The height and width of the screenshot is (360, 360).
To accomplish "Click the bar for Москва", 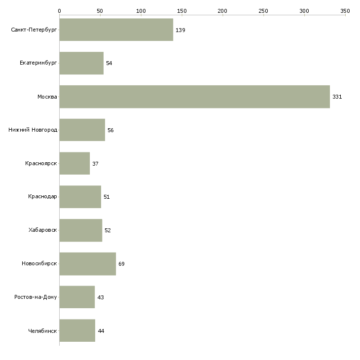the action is click(x=195, y=97).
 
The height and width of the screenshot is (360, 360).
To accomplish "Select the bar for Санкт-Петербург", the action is click(x=116, y=30).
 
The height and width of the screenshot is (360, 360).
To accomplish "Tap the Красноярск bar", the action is click(x=74, y=163).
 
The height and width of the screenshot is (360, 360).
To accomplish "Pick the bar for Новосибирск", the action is click(x=88, y=264).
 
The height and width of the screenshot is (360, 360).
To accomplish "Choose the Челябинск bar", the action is click(x=77, y=330).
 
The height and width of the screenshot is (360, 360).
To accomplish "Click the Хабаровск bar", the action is click(x=81, y=230).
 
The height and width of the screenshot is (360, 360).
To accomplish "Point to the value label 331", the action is click(x=337, y=97).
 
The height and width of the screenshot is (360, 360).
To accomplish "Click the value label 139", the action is click(x=180, y=30).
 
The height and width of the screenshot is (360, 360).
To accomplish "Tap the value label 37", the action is click(x=95, y=164).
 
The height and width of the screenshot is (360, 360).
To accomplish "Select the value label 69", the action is click(x=121, y=264).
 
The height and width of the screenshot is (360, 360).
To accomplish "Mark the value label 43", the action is click(x=101, y=297).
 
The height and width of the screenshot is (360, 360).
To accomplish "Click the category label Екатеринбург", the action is click(x=38, y=63).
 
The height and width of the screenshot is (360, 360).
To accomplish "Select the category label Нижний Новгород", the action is click(x=33, y=130).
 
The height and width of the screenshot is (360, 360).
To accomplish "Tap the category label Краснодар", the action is click(x=42, y=197).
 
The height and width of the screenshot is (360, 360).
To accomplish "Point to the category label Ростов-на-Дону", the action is click(x=36, y=297).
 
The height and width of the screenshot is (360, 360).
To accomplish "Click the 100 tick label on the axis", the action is click(x=141, y=11).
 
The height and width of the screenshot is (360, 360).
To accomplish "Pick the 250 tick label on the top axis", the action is click(x=263, y=11).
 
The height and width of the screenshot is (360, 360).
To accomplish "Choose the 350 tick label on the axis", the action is click(x=345, y=11).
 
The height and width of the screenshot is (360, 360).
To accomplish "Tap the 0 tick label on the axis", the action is click(x=60, y=11).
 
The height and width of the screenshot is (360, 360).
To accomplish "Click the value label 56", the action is click(x=110, y=130).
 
